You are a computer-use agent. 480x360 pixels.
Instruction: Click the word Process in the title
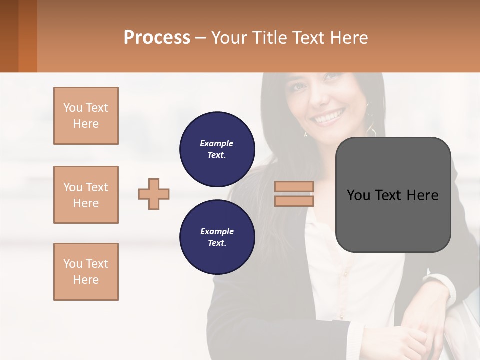click(x=157, y=38)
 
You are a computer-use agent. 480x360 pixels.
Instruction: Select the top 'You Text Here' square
click(x=86, y=116)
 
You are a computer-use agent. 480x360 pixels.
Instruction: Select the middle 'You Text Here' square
click(x=86, y=195)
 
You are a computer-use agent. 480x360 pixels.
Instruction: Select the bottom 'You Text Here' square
click(x=86, y=272)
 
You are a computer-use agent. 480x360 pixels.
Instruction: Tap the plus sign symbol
click(x=154, y=194)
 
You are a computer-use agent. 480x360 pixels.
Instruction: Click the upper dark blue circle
click(x=217, y=149)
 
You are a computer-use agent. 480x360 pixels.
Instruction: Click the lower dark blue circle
click(x=217, y=237)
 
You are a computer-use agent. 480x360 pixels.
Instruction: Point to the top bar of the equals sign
click(x=294, y=187)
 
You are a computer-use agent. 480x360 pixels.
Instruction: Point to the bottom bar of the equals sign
click(x=294, y=201)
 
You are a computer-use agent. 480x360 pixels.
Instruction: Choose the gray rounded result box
click(x=393, y=194)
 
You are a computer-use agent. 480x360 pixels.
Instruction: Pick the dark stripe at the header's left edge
click(x=9, y=36)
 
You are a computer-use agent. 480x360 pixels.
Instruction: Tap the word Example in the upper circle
click(x=217, y=143)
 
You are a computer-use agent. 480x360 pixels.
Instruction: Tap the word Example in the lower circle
click(x=217, y=231)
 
